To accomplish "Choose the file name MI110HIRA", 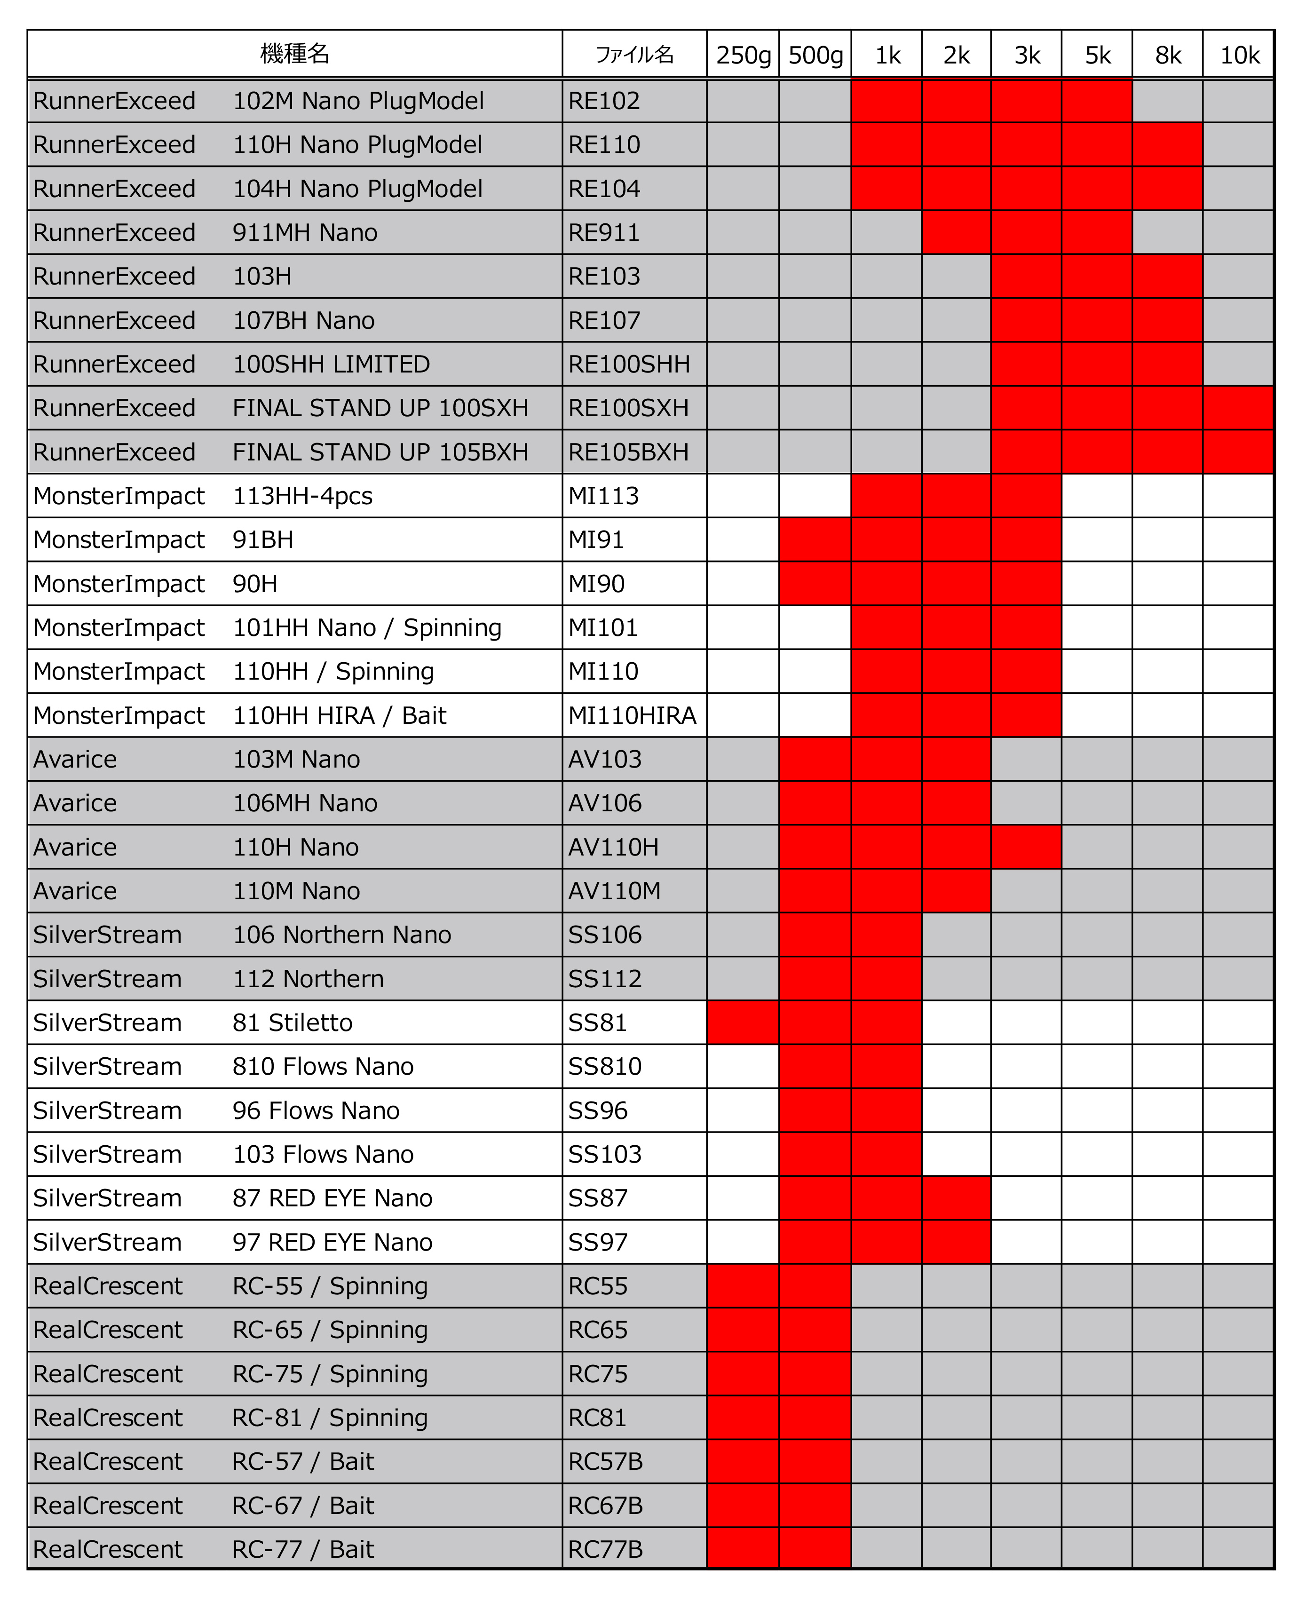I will (x=632, y=715).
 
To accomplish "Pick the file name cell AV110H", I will (x=613, y=847).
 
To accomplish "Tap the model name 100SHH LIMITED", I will (x=331, y=364).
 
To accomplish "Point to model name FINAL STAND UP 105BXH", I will (x=380, y=452).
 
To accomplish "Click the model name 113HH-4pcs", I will (x=302, y=496).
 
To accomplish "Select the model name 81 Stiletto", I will (x=292, y=1022).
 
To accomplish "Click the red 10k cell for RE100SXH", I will (x=1237, y=408).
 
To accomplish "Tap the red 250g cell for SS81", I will (x=743, y=1022).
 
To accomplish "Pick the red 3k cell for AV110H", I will (x=1026, y=847).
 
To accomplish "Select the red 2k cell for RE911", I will (x=956, y=232).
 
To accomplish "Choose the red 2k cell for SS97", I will (x=956, y=1242).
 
